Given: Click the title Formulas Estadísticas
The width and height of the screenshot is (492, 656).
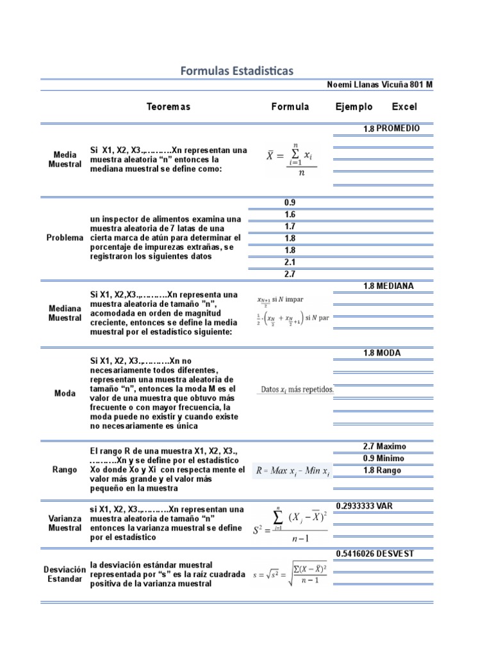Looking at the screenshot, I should click(x=237, y=70).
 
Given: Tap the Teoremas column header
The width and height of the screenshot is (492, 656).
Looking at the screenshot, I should click(x=168, y=107).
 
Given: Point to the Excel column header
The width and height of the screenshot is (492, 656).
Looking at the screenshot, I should click(x=404, y=107).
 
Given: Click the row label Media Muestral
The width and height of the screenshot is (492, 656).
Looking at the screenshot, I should click(x=65, y=160).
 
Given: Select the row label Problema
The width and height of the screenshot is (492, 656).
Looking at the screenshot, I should click(x=65, y=238).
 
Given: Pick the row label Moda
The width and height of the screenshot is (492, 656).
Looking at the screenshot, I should click(x=65, y=393).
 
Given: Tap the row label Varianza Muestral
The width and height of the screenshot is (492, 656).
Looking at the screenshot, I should click(x=65, y=523).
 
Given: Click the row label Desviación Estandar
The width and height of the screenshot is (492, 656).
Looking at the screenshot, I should click(x=65, y=574).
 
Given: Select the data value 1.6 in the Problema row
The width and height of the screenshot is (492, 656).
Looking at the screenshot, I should click(x=290, y=215).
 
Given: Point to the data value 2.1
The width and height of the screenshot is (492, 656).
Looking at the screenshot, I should click(x=290, y=262).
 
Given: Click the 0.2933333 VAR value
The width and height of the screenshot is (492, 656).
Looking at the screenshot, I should click(x=364, y=506).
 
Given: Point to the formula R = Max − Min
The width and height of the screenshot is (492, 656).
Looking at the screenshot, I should click(x=293, y=471).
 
